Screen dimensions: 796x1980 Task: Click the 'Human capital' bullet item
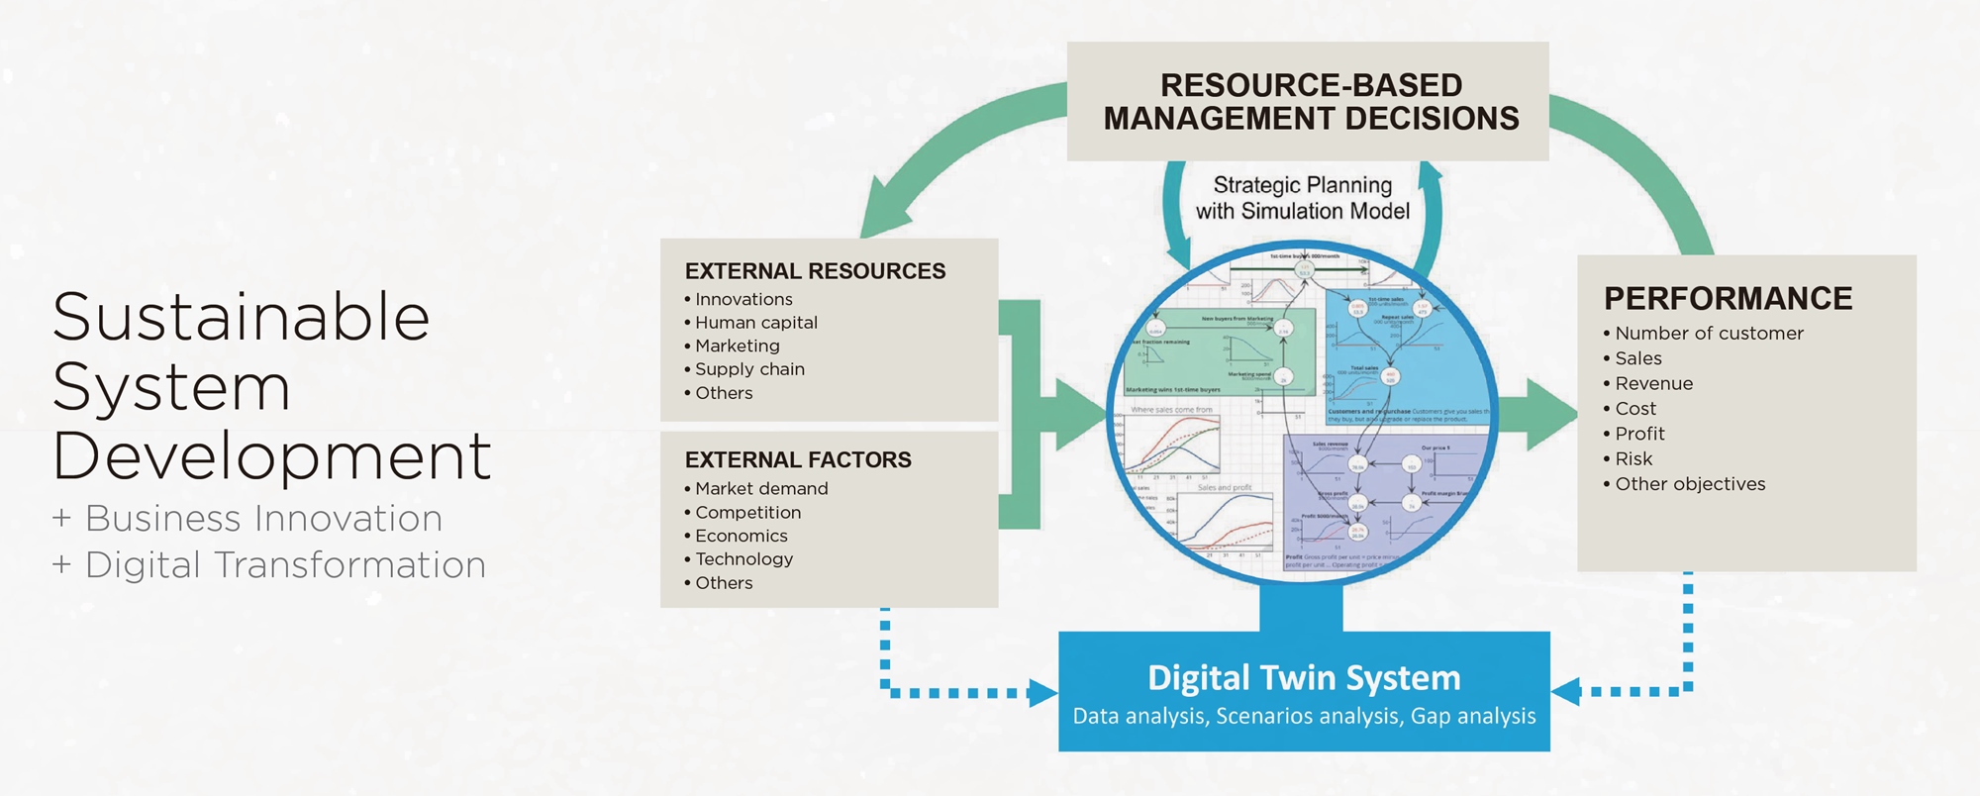coord(755,323)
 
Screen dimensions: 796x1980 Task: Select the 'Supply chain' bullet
coord(749,369)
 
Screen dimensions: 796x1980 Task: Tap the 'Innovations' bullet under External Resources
coord(743,299)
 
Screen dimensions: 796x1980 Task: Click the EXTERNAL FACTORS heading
coord(798,460)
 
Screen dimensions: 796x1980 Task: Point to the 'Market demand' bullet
coord(761,489)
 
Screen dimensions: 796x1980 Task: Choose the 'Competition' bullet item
coord(747,513)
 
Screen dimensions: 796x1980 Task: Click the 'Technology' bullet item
coord(743,559)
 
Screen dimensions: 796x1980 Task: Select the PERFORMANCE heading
coord(1728,299)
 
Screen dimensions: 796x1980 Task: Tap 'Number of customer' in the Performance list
coord(1709,334)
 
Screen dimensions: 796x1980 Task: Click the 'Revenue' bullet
coord(1653,384)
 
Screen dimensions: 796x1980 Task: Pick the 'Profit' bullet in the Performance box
coord(1639,434)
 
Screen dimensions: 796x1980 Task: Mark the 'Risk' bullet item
coord(1633,459)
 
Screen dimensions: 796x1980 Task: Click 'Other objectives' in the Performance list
coord(1690,484)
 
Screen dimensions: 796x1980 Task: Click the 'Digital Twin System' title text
coord(1304,678)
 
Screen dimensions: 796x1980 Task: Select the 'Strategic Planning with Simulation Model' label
coord(1303,198)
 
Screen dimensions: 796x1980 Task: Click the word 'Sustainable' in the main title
coord(241,318)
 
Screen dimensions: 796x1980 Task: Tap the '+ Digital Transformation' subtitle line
coord(269,565)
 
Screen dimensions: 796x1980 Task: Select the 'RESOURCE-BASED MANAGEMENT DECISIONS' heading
coord(1311,102)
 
